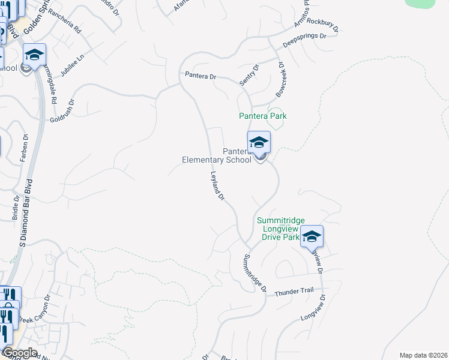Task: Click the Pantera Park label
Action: pos(262,116)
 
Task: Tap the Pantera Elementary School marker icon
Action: pos(259,142)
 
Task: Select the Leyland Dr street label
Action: pos(217,186)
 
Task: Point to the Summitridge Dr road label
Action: pos(255,273)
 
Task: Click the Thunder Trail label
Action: pos(294,291)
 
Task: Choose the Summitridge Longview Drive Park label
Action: pos(278,229)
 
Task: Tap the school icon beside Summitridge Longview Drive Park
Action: pos(312,236)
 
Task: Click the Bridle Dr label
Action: pos(16,207)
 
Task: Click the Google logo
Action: pos(20,353)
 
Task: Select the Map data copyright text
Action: pos(423,355)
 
